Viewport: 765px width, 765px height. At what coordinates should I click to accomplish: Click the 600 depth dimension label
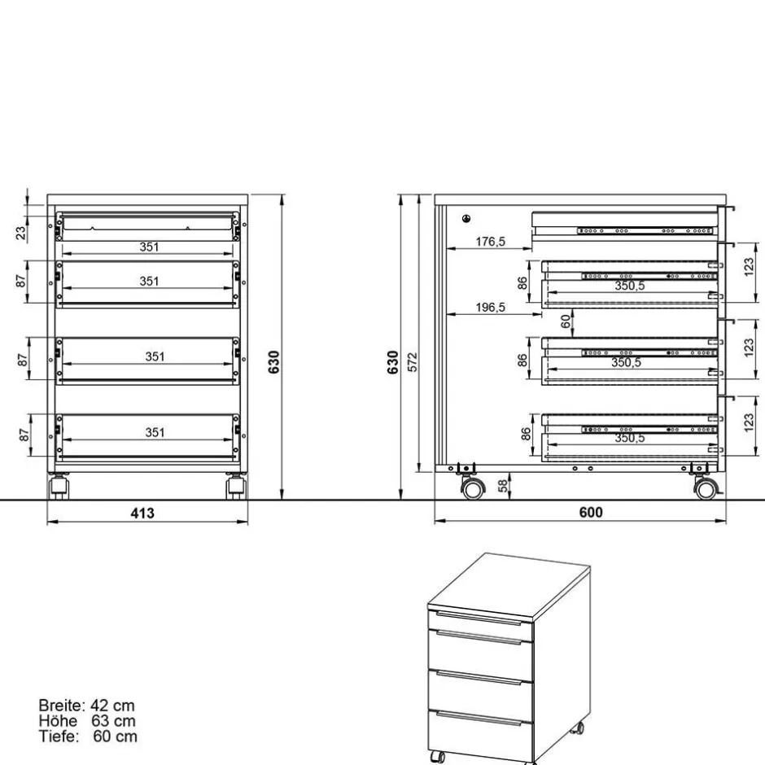[591, 513]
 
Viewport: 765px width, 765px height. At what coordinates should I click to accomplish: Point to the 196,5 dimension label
[491, 307]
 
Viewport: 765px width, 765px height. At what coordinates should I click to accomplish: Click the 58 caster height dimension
[502, 486]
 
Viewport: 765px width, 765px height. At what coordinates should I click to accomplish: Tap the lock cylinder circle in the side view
[466, 218]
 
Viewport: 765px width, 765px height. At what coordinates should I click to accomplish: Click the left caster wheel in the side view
[471, 488]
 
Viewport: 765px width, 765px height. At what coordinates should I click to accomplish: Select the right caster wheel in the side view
[705, 488]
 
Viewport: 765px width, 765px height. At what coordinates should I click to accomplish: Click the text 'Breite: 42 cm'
[86, 706]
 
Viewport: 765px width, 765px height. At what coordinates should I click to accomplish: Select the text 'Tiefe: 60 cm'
[88, 737]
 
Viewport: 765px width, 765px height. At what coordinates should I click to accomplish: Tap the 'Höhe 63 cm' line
[86, 721]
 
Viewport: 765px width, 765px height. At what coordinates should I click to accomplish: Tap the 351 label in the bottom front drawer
[155, 432]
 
